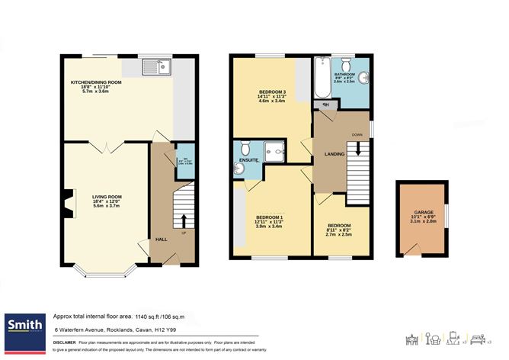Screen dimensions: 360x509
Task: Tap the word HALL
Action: pos(162,239)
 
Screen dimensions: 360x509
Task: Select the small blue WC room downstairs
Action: pos(183,160)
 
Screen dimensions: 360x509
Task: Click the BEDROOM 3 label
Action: pos(272,93)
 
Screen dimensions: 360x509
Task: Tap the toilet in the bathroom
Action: pos(347,64)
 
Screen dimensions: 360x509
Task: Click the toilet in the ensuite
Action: pos(245,148)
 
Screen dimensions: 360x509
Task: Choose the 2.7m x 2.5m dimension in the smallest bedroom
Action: pos(340,235)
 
